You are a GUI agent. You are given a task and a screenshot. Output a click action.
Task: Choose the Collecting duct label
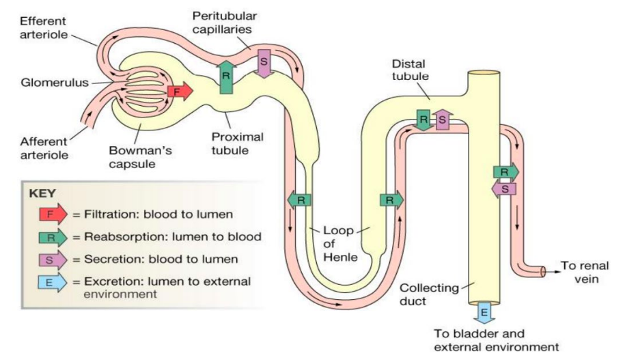click(x=429, y=293)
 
